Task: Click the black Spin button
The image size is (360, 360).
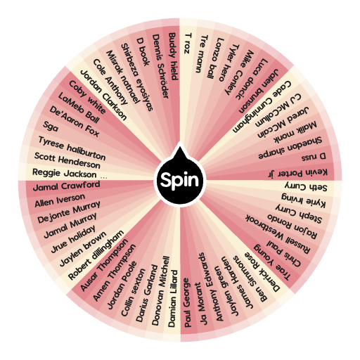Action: pyautogui.click(x=180, y=179)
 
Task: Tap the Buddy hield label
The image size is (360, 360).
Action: pyautogui.click(x=174, y=56)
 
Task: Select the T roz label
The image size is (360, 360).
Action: pyautogui.click(x=188, y=44)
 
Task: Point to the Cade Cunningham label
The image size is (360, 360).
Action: pyautogui.click(x=262, y=107)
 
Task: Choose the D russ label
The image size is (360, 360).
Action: pyautogui.click(x=314, y=157)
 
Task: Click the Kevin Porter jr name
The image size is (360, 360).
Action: pyautogui.click(x=297, y=173)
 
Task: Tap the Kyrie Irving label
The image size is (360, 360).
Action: pyautogui.click(x=303, y=200)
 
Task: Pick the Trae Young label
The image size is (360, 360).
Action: pyautogui.click(x=272, y=262)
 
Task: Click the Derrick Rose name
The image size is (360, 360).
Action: pyautogui.click(x=262, y=272)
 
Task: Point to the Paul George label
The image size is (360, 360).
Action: pyautogui.click(x=187, y=302)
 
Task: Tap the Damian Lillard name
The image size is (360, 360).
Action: pyautogui.click(x=173, y=299)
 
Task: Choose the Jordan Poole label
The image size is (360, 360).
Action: pyautogui.click(x=122, y=285)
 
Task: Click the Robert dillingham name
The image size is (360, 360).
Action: pyautogui.click(x=96, y=255)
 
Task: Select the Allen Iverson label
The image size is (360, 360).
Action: pyautogui.click(x=60, y=200)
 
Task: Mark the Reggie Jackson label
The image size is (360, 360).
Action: pyautogui.click(x=65, y=173)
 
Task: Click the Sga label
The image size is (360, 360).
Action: pyautogui.click(x=51, y=127)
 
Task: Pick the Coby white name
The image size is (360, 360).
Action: pyautogui.click(x=87, y=97)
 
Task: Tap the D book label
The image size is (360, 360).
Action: pyautogui.click(x=143, y=51)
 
